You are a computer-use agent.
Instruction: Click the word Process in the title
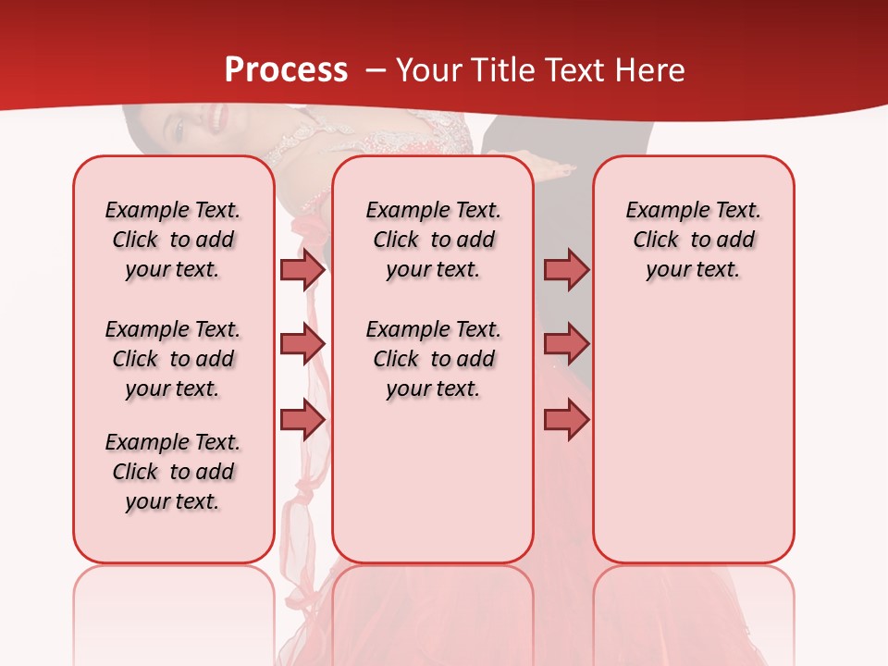click(x=286, y=70)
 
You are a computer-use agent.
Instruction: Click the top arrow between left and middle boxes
click(x=302, y=269)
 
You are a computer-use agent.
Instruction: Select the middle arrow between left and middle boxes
click(x=302, y=344)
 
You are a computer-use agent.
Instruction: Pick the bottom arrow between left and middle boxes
click(x=302, y=419)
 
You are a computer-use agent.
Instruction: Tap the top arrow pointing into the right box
click(x=566, y=269)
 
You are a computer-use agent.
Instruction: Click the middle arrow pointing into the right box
click(x=566, y=344)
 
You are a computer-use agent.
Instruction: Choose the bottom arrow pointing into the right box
click(x=566, y=419)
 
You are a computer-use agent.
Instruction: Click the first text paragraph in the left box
click(x=173, y=240)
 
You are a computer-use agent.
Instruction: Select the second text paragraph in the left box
click(x=173, y=359)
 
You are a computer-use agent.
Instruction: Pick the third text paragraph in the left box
click(x=173, y=472)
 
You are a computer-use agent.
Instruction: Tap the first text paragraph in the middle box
click(x=433, y=240)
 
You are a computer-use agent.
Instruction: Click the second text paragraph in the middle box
click(x=433, y=359)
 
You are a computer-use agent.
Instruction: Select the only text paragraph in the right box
click(x=693, y=240)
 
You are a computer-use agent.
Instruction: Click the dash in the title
click(x=376, y=70)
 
